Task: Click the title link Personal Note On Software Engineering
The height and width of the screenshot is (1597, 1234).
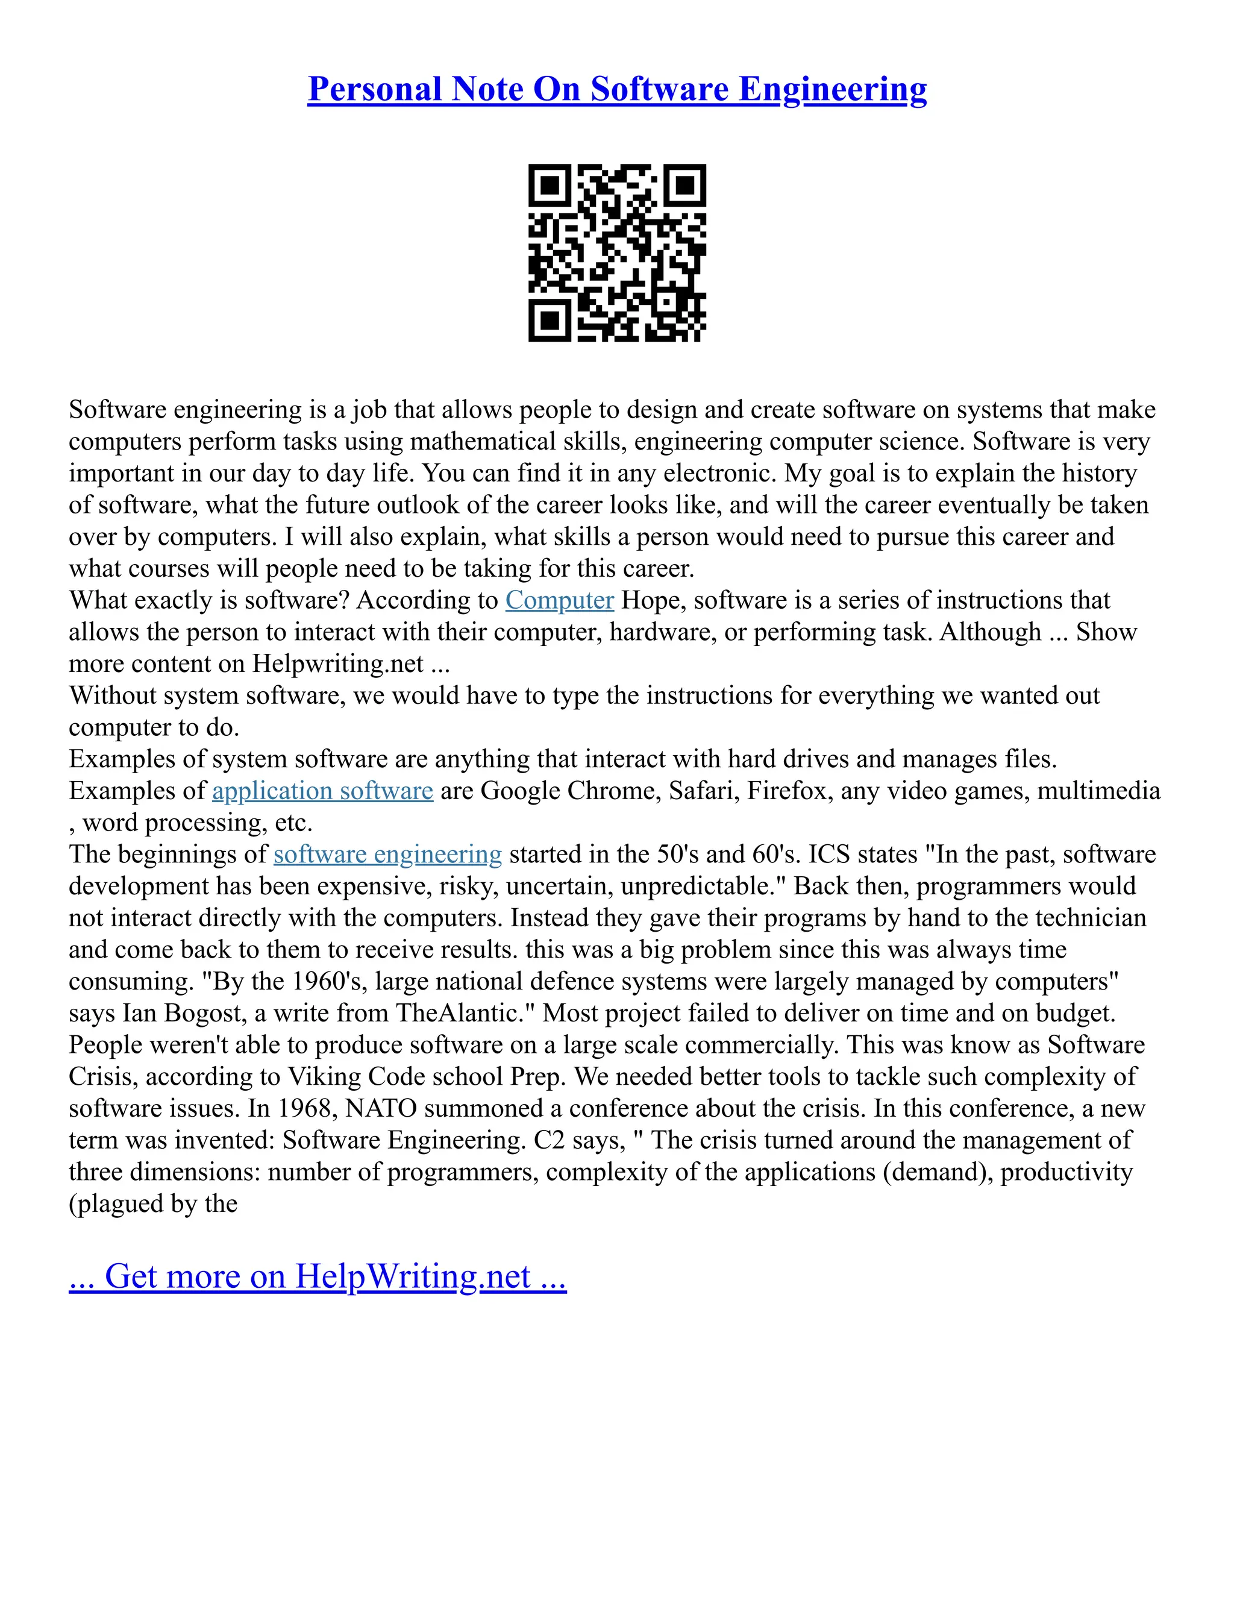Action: click(617, 89)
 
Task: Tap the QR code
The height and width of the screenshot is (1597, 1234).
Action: click(617, 253)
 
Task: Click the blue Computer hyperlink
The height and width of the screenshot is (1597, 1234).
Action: click(559, 600)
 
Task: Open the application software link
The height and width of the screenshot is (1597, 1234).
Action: click(322, 791)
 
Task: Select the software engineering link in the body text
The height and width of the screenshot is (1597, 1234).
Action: click(387, 855)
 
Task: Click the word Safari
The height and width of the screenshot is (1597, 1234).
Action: click(700, 791)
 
